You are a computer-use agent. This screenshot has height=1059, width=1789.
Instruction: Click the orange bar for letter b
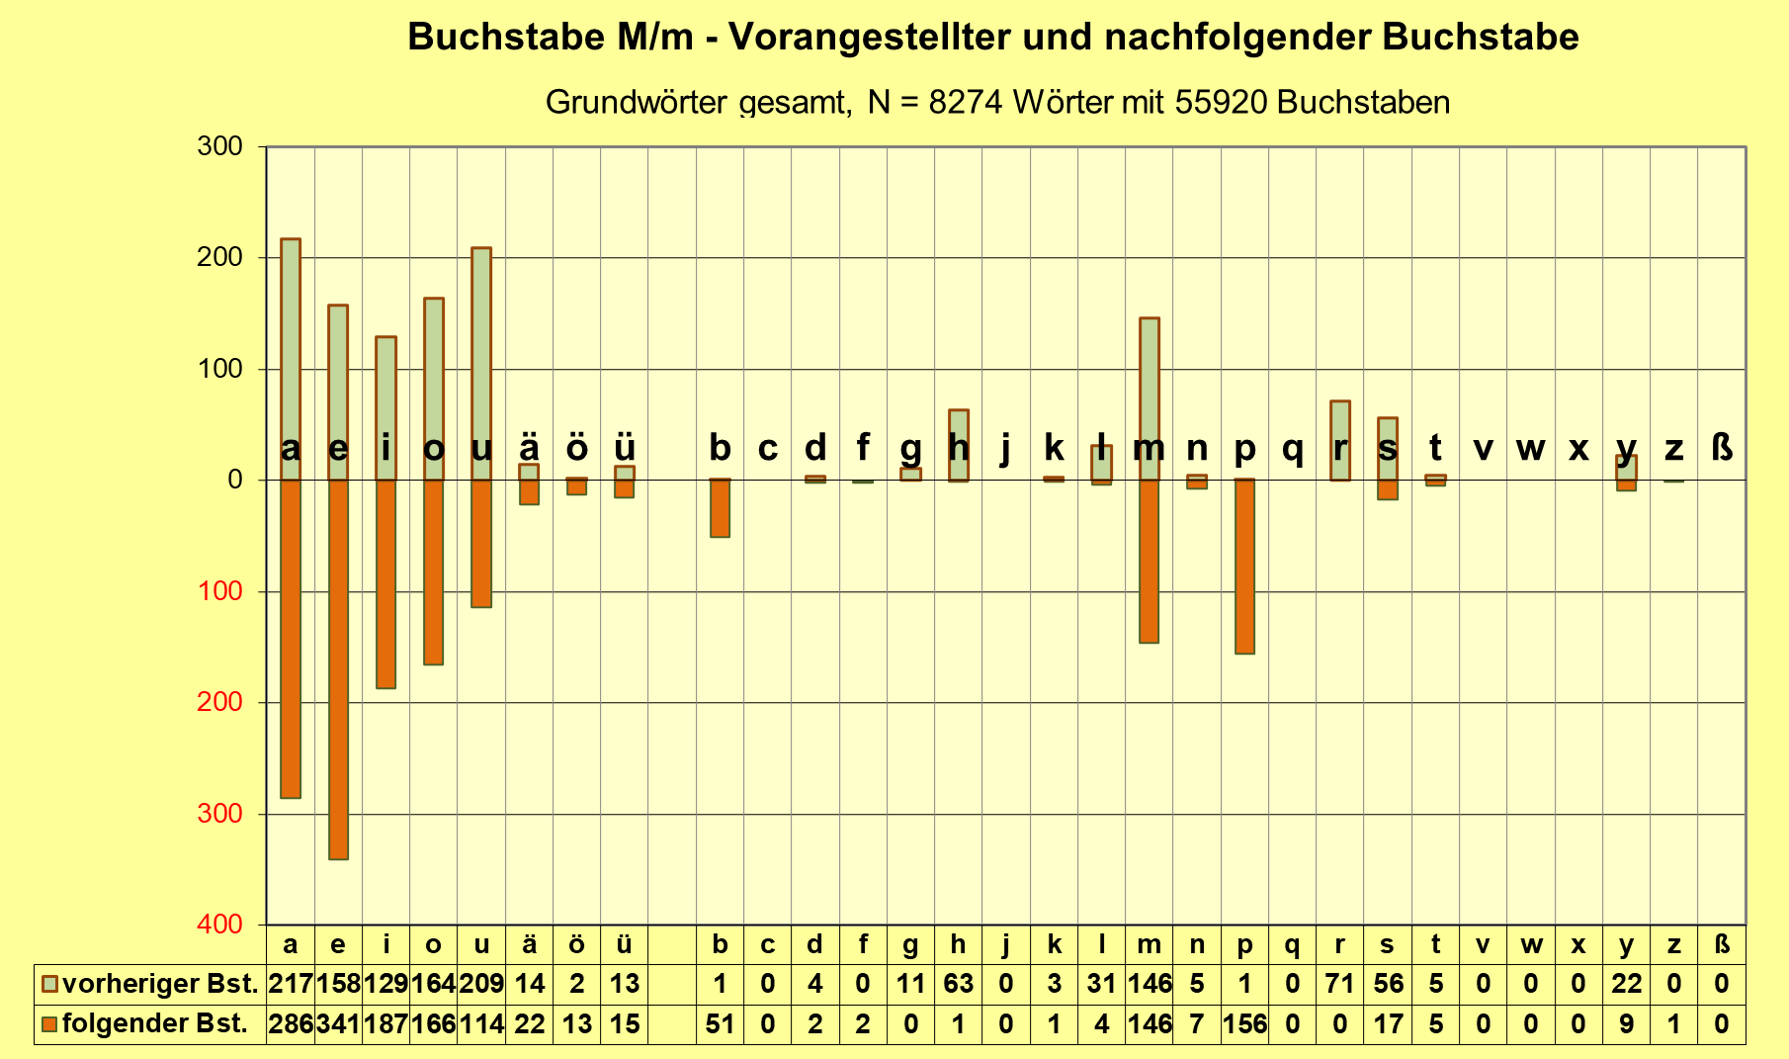(720, 508)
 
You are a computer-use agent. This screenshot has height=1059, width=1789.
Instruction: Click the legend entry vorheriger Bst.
(150, 984)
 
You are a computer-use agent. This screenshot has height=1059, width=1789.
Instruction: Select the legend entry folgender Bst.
(144, 1024)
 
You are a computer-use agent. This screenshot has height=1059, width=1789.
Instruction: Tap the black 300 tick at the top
(219, 146)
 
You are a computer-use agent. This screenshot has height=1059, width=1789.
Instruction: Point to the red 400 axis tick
(219, 925)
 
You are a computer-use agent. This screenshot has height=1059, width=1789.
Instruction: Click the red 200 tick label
(219, 702)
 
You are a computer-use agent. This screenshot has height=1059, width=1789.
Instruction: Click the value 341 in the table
(338, 1024)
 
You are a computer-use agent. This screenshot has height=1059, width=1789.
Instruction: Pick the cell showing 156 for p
(1244, 1024)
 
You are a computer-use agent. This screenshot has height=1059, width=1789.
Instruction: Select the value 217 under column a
(291, 984)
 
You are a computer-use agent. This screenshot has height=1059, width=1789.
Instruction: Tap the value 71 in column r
(1340, 984)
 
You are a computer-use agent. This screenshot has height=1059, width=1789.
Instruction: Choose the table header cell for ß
(1721, 944)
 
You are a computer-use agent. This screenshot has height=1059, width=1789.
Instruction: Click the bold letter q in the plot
(1292, 449)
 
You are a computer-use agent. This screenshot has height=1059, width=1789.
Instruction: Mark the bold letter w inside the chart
(1530, 449)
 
